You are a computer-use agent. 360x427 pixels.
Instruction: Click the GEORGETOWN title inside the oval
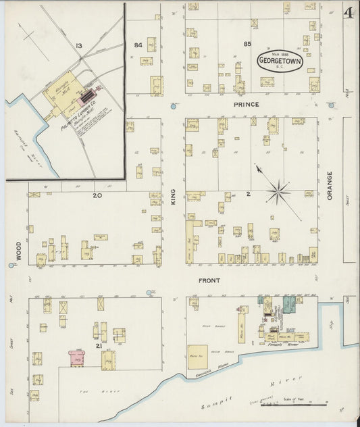pyautogui.click(x=280, y=62)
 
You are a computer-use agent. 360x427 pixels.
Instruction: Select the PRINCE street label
pyautogui.click(x=247, y=105)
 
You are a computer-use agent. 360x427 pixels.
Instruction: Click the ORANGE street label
pyautogui.click(x=330, y=185)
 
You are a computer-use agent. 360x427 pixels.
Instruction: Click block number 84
pyautogui.click(x=138, y=45)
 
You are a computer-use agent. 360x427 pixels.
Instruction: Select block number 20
pyautogui.click(x=97, y=196)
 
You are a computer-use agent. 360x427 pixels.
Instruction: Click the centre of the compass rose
pyautogui.click(x=277, y=192)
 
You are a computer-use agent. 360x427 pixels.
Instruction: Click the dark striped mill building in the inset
pyautogui.click(x=86, y=99)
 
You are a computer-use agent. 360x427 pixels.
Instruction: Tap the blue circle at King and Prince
pyautogui.click(x=174, y=106)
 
